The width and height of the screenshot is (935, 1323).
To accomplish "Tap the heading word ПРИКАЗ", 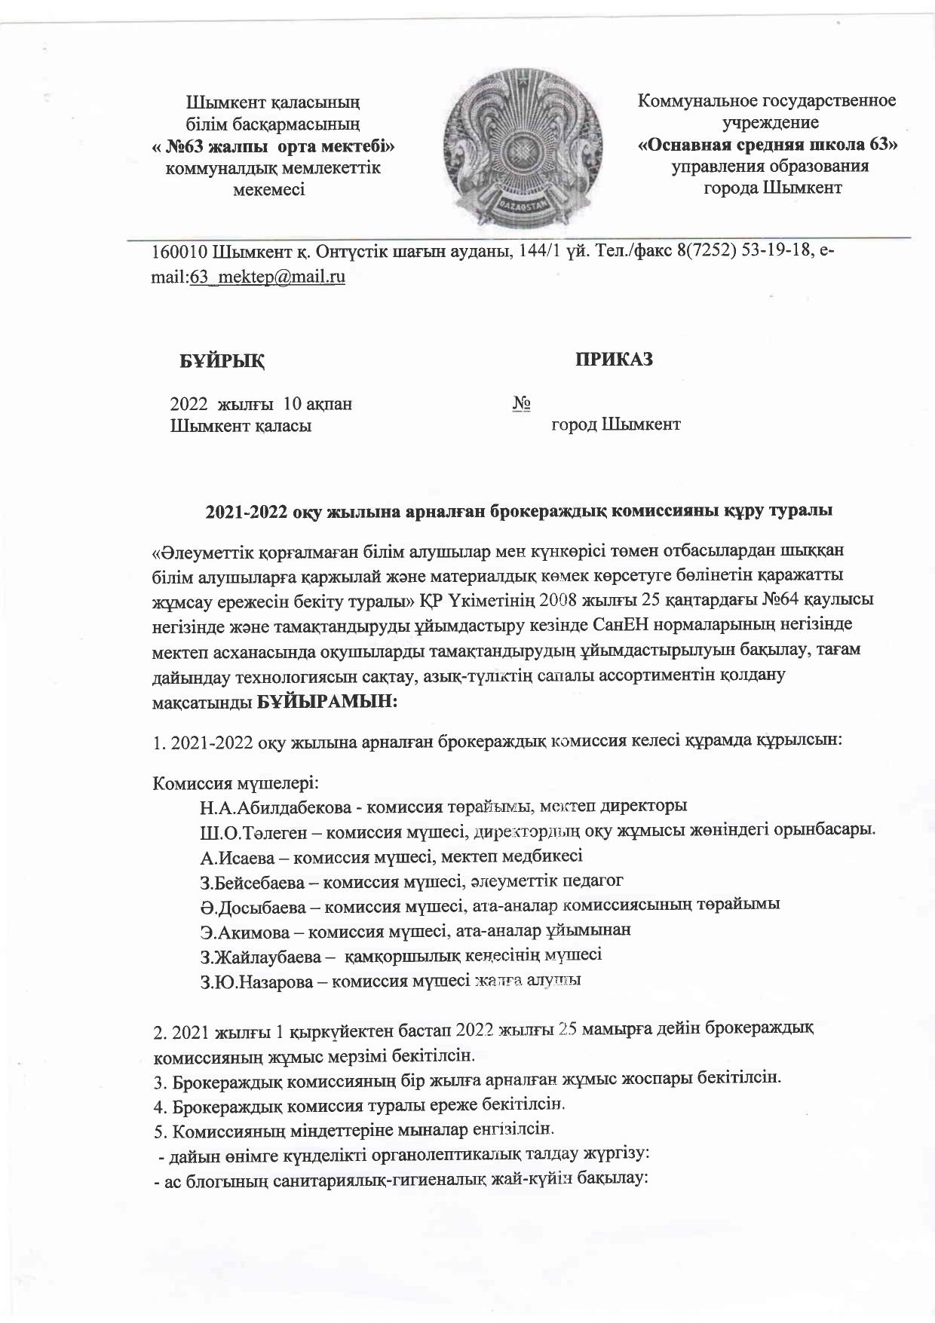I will tap(615, 360).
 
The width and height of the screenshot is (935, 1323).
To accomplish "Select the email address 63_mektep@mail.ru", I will tap(268, 277).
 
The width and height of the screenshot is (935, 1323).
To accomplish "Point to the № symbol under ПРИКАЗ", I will tap(521, 404).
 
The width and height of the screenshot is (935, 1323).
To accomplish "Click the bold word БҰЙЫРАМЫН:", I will tap(327, 701).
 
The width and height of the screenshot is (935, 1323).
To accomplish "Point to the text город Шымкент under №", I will tap(616, 424).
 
